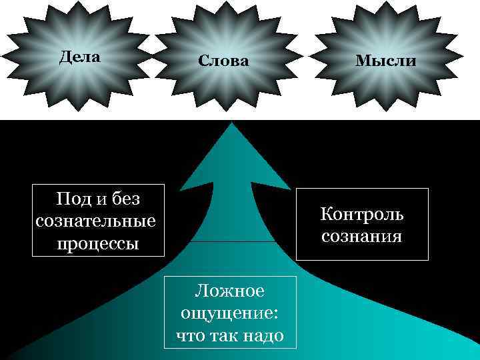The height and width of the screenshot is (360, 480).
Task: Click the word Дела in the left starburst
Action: pyautogui.click(x=79, y=57)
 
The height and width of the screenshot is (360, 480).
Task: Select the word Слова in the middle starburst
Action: pyautogui.click(x=223, y=61)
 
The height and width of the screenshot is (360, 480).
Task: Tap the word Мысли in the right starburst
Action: pyautogui.click(x=385, y=61)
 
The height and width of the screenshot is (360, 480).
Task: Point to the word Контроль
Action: pyautogui.click(x=362, y=215)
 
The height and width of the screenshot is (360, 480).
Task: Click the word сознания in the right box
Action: pyautogui.click(x=362, y=236)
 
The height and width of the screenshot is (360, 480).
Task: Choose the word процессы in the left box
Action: pyautogui.click(x=97, y=243)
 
